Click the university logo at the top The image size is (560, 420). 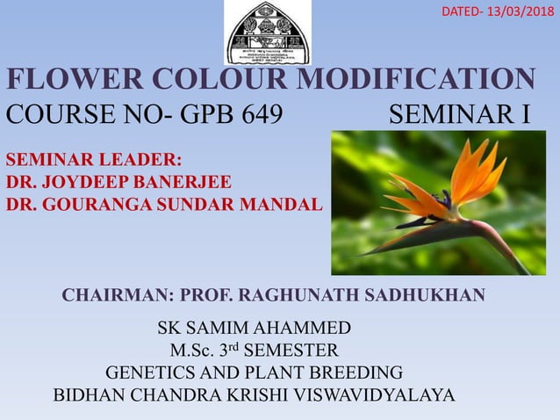point(267,33)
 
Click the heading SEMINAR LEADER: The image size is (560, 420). point(94,160)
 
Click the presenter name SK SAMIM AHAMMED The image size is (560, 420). point(255,329)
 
